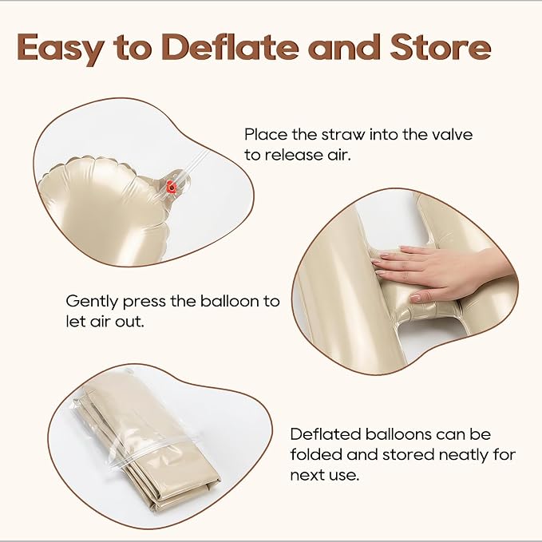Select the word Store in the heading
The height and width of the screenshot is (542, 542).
(441, 46)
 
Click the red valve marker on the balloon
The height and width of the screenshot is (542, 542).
(171, 187)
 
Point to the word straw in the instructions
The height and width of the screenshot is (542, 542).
(346, 134)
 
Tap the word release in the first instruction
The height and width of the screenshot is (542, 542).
(295, 155)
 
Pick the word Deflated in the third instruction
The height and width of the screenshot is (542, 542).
(326, 434)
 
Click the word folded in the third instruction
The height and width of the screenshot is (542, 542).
(316, 454)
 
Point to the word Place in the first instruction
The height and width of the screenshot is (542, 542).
(266, 134)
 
